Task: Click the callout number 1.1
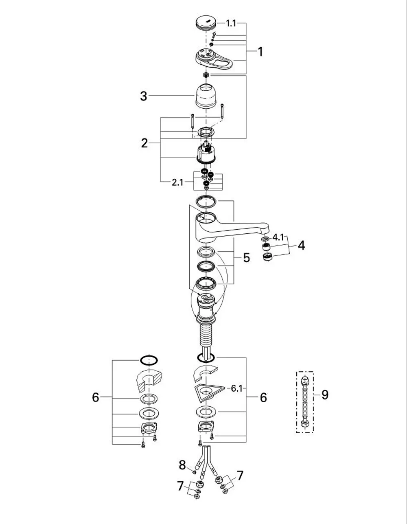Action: click(231, 23)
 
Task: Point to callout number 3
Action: click(144, 96)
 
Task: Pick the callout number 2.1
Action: click(177, 182)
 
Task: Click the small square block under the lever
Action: click(206, 75)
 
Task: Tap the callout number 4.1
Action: click(278, 237)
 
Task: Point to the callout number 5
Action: click(247, 258)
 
